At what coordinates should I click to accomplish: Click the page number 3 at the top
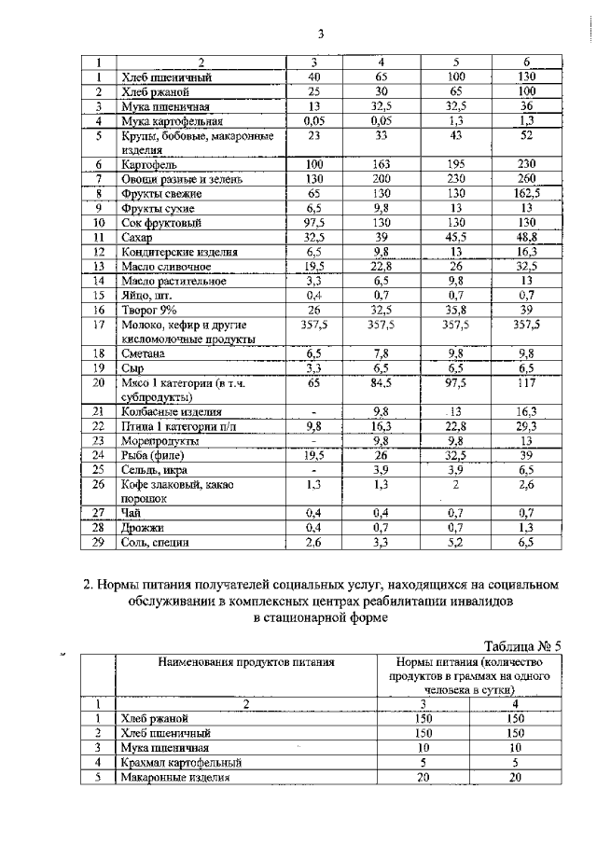[320, 35]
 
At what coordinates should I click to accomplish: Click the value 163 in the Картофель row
[381, 163]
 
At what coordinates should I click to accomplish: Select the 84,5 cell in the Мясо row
[381, 381]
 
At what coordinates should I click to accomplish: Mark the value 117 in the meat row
[527, 381]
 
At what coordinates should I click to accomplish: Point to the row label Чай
[128, 512]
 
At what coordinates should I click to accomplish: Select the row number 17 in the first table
[97, 324]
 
